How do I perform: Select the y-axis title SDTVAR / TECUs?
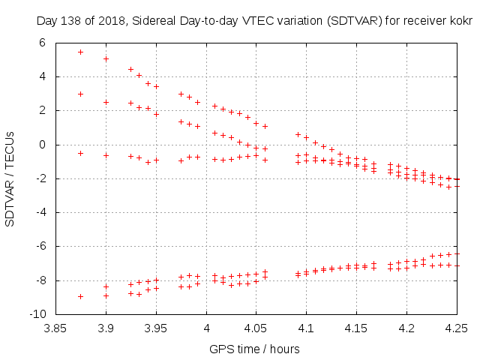click(x=10, y=178)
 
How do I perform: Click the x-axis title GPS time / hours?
click(x=255, y=349)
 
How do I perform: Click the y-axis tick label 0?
click(x=42, y=145)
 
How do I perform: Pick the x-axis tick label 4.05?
click(x=256, y=328)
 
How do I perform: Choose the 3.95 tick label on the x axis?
click(x=156, y=328)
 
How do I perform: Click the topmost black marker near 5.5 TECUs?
click(x=80, y=52)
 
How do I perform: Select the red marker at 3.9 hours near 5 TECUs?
click(x=106, y=58)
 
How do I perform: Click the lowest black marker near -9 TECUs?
click(x=80, y=296)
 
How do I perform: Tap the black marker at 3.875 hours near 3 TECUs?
click(x=80, y=94)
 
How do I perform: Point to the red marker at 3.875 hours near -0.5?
click(x=80, y=153)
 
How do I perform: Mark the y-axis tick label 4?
click(x=42, y=76)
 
